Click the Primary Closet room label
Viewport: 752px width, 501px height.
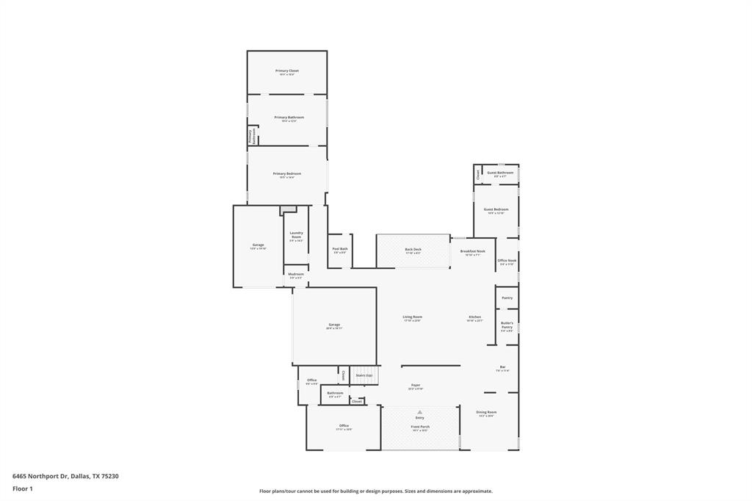click(x=287, y=71)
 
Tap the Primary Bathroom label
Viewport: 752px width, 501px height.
click(x=289, y=118)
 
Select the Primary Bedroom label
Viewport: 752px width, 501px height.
click(x=287, y=174)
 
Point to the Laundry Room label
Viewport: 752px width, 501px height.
click(x=296, y=235)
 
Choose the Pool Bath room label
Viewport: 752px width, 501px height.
click(x=339, y=249)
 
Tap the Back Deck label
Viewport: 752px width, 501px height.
click(x=413, y=250)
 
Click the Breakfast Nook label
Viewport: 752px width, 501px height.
click(x=473, y=251)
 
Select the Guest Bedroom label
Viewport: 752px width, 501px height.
click(x=496, y=210)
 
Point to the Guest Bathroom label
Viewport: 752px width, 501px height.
click(x=500, y=173)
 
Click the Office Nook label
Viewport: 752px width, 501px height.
click(x=507, y=261)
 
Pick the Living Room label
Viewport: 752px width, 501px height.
click(x=412, y=317)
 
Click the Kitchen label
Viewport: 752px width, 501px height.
click(x=475, y=317)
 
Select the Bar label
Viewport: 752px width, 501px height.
click(x=503, y=367)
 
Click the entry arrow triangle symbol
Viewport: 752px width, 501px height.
click(x=420, y=412)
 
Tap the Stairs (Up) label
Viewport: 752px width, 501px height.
click(x=364, y=375)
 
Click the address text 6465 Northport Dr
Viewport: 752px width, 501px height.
click(x=40, y=476)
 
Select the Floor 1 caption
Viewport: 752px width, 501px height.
click(x=23, y=489)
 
